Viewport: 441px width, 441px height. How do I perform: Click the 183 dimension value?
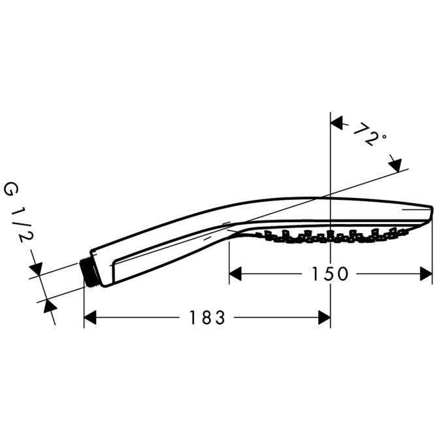(x=207, y=318)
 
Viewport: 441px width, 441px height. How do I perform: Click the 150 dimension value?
(x=329, y=274)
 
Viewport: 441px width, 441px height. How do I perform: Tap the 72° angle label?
(x=368, y=135)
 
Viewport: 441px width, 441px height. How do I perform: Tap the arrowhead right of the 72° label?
(x=395, y=165)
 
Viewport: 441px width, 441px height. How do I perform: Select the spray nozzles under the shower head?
(x=327, y=236)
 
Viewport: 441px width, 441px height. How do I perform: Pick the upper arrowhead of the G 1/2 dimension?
(x=36, y=270)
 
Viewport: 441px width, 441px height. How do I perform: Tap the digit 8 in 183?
(x=207, y=318)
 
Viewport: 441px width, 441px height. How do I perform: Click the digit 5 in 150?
(x=329, y=274)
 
